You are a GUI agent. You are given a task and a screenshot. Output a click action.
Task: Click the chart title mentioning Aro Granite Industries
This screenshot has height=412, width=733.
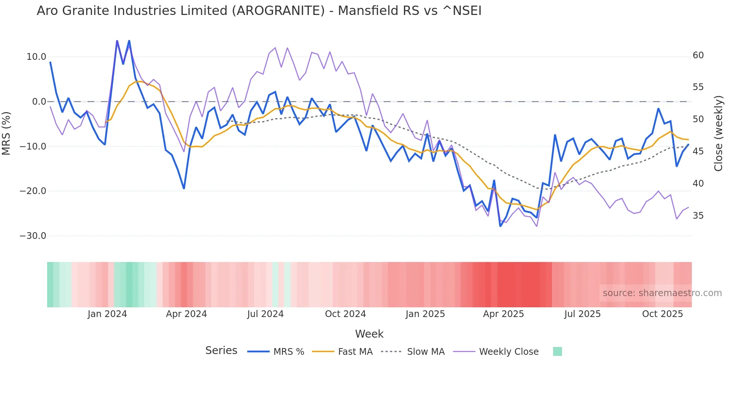click(x=259, y=11)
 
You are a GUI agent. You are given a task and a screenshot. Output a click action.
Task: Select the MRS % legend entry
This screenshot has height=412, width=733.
click(x=288, y=352)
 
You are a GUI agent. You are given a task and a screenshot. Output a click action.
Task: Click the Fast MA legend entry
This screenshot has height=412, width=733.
click(x=355, y=352)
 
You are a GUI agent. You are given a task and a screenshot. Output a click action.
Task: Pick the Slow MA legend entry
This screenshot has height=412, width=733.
click(x=426, y=352)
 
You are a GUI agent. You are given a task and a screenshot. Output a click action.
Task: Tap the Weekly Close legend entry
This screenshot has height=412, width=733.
click(x=509, y=352)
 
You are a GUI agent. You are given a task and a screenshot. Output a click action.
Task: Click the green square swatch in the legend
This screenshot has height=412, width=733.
click(x=557, y=351)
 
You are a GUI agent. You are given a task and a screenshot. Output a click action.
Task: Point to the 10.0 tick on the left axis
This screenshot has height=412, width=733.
click(x=36, y=57)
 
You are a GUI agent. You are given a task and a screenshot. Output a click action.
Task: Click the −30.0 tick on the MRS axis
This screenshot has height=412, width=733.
click(x=33, y=236)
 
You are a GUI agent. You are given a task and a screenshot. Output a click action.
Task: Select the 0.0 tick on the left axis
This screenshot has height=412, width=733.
click(x=39, y=102)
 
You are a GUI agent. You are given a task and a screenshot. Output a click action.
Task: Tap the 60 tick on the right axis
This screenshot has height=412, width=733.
click(x=698, y=55)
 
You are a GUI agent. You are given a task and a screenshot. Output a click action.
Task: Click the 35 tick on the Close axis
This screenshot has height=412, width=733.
click(x=698, y=216)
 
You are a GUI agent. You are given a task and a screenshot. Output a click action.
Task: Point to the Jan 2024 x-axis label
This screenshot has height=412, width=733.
click(x=107, y=314)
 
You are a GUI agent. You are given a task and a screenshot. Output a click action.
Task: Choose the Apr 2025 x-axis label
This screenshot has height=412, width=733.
click(x=503, y=314)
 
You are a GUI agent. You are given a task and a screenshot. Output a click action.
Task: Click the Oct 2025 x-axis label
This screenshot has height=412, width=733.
click(x=662, y=314)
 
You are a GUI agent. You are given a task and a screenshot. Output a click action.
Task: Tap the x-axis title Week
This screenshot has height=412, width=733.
click(x=369, y=334)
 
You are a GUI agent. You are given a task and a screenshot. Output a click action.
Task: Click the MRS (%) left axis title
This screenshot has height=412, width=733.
click(x=6, y=133)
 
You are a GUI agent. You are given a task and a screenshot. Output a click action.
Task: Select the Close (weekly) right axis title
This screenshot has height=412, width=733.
click(x=718, y=133)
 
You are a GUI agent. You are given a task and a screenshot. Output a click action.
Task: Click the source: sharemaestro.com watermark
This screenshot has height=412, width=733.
click(x=662, y=293)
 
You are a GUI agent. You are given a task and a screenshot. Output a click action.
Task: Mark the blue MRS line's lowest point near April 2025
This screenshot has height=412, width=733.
click(x=500, y=226)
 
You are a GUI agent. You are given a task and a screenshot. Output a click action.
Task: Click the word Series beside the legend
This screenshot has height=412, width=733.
click(x=221, y=351)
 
